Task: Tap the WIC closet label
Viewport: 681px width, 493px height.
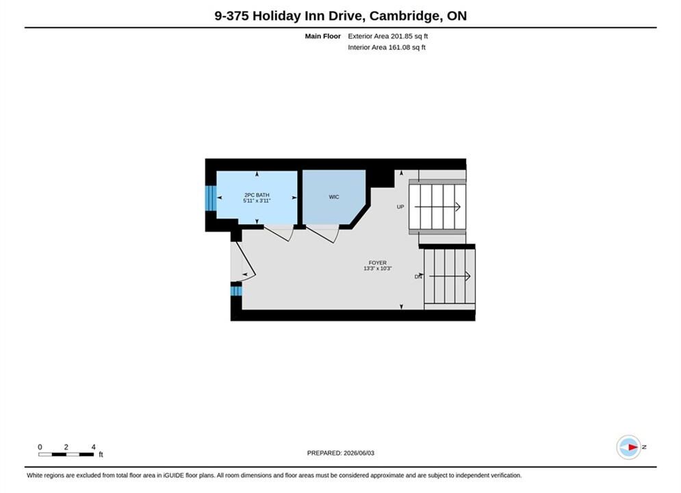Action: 333,197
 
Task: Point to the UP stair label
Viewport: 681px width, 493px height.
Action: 400,207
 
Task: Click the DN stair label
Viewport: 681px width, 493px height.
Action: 417,277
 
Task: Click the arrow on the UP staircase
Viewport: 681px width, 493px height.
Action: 437,207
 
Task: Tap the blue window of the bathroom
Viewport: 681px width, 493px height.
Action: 211,198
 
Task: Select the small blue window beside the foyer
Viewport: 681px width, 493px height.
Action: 236,290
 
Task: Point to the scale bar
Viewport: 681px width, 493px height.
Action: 66,455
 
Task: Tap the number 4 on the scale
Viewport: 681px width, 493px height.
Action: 93,446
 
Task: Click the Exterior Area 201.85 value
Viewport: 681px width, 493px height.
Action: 387,36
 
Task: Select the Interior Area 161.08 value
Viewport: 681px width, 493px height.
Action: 387,47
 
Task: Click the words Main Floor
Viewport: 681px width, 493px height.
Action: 322,36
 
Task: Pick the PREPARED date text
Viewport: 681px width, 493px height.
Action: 341,453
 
